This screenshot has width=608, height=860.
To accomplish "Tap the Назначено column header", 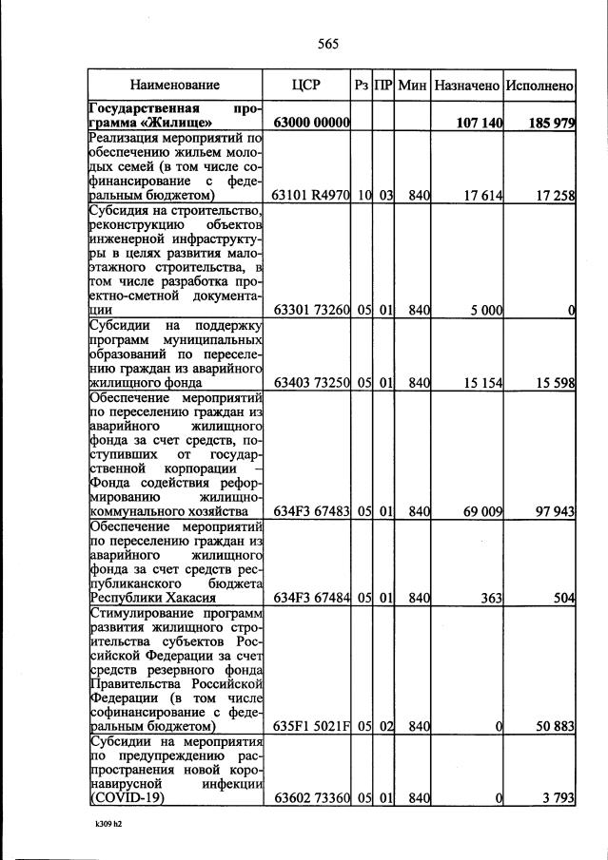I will [466, 86].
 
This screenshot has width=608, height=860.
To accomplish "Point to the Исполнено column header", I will [539, 86].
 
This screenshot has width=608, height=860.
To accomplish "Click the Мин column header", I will [412, 86].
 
